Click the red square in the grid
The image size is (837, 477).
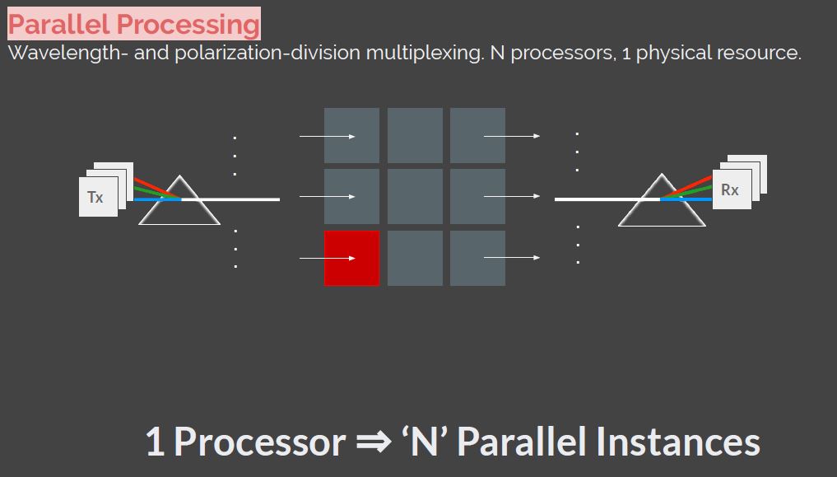[351, 258]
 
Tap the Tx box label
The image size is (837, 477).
[95, 198]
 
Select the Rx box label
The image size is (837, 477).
[730, 189]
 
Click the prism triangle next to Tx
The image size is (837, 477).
[179, 202]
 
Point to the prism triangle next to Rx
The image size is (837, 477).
[661, 202]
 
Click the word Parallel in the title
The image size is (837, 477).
[59, 24]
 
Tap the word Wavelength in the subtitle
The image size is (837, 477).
[54, 54]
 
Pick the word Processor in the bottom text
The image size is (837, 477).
[259, 442]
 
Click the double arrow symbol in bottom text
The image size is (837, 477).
[374, 442]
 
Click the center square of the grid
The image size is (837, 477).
[415, 197]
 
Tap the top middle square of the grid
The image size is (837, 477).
[415, 136]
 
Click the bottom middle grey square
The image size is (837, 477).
[415, 258]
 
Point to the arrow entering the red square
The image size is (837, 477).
[327, 258]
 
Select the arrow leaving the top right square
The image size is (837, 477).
[511, 136]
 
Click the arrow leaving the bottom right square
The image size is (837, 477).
[511, 258]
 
